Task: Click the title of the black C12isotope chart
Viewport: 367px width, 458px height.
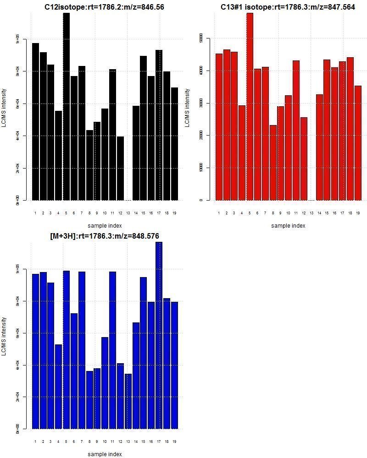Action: [x=104, y=7]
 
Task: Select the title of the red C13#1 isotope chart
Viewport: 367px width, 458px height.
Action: [x=288, y=7]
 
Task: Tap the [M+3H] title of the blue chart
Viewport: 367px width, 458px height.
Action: [x=105, y=236]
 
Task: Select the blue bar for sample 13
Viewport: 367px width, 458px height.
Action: [x=128, y=401]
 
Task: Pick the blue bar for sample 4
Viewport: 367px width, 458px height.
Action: [x=58, y=387]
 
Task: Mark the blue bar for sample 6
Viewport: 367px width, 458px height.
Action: [x=74, y=371]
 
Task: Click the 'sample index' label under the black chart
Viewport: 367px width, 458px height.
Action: [x=105, y=225]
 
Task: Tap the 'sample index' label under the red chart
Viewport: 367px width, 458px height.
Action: [x=288, y=225]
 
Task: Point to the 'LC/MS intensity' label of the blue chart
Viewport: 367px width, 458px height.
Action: [x=4, y=336]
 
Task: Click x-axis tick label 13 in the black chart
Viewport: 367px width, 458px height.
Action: [x=128, y=213]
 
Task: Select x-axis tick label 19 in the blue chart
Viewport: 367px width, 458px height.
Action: [x=174, y=442]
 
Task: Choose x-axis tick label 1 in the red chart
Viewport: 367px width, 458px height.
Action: [x=219, y=213]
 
